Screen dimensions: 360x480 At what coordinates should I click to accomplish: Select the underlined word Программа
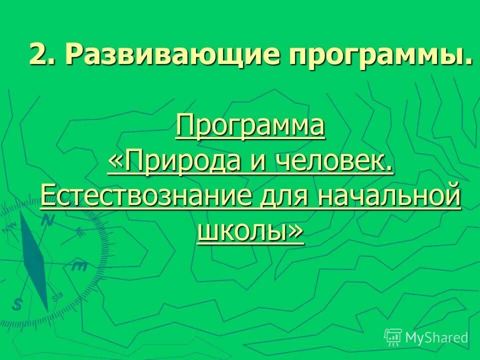point(250,127)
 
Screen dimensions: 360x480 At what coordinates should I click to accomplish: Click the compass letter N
point(47,220)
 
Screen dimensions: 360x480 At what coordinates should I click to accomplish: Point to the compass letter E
point(79,266)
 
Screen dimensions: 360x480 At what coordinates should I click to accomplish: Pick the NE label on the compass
point(80,231)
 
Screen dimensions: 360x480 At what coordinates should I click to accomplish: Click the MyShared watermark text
point(436,337)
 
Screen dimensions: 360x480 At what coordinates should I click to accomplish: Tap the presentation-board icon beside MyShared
point(393,337)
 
